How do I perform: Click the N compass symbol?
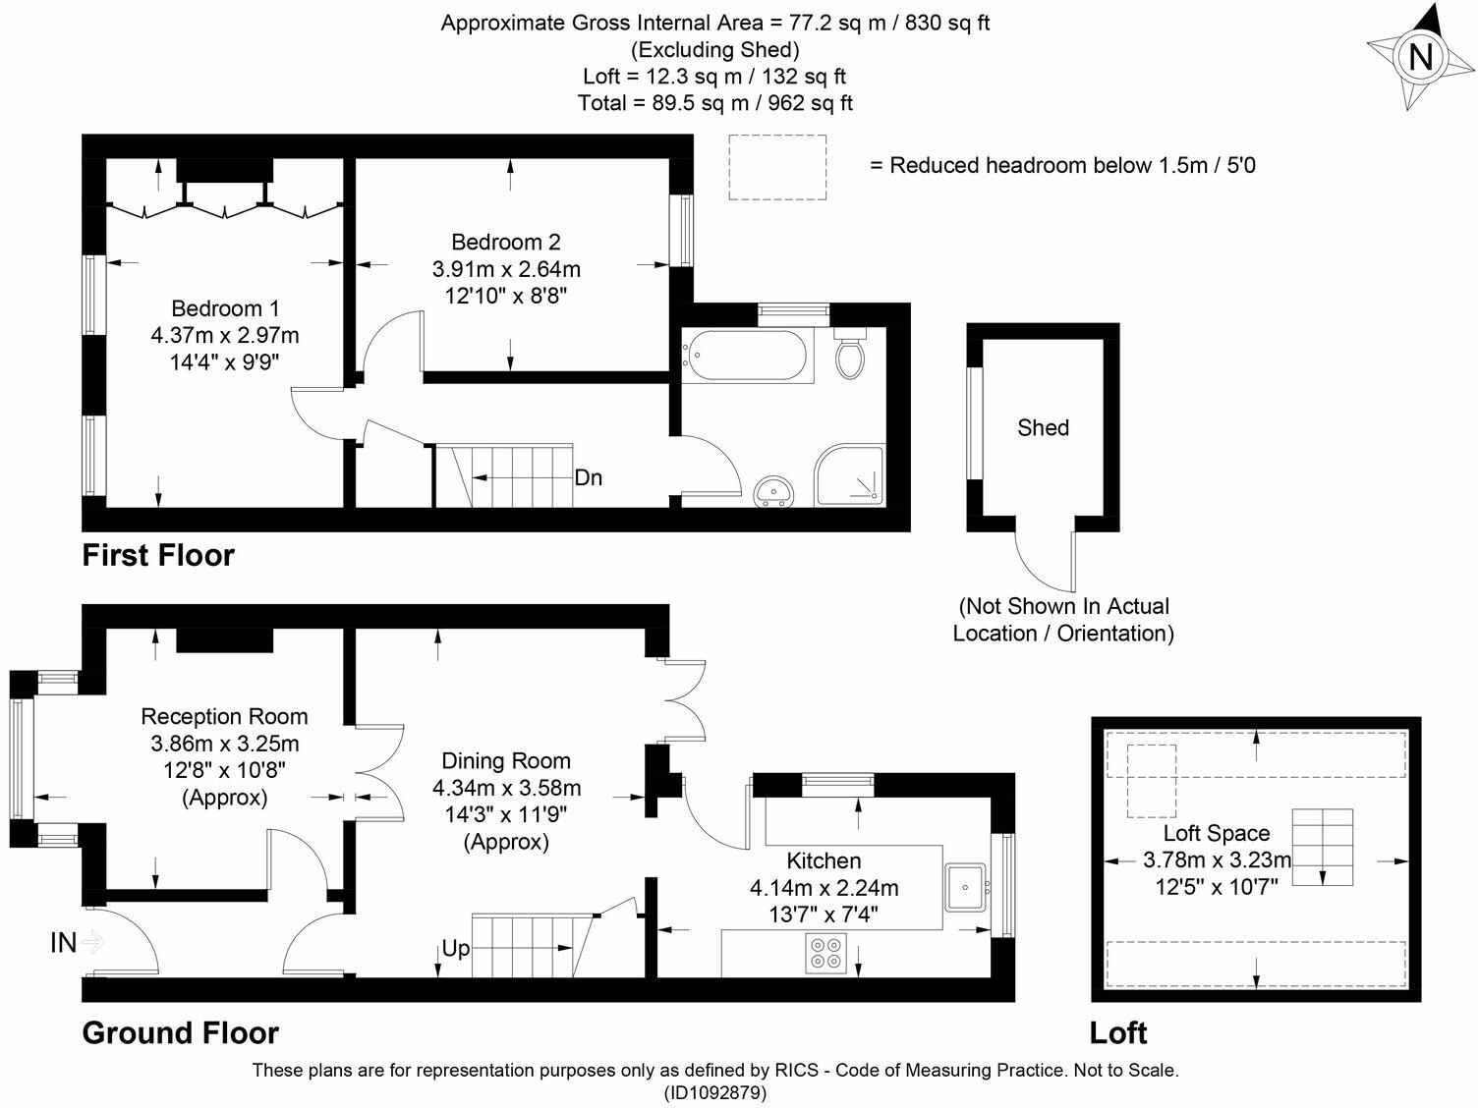pos(1420,57)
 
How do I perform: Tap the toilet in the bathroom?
pos(850,356)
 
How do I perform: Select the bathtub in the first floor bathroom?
pos(748,356)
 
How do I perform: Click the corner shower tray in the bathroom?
pos(850,476)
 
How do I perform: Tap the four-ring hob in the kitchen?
pos(825,952)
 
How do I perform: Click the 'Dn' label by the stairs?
pos(588,478)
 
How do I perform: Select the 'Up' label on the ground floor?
pos(455,949)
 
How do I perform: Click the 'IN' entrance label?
pos(64,943)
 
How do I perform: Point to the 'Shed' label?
pos(1043,427)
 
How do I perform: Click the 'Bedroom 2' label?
pos(506,242)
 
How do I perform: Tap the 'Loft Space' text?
pos(1217,833)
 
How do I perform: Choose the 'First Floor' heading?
pos(158,555)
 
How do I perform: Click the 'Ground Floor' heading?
pos(180,1032)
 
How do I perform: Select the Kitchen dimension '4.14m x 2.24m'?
pos(824,888)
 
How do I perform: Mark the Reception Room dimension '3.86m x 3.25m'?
pos(225,744)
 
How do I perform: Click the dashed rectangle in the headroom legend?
pos(777,167)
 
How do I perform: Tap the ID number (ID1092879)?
pos(715,1092)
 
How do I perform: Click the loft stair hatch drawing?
pos(1322,848)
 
